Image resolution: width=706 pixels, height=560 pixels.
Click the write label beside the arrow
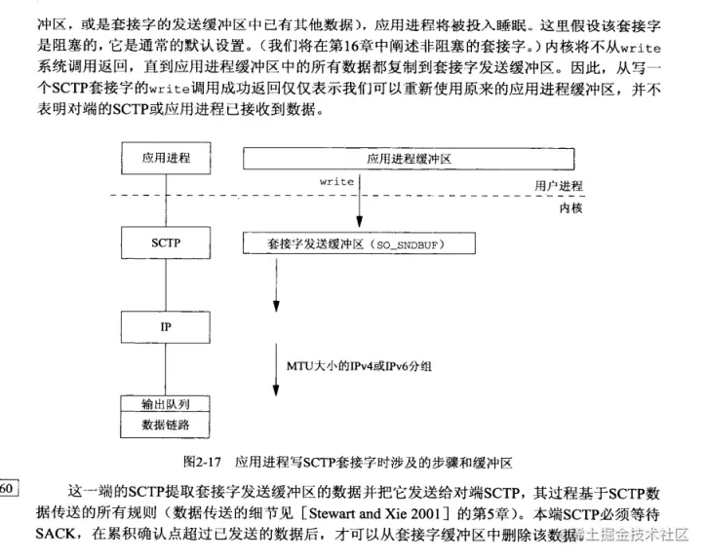(336, 181)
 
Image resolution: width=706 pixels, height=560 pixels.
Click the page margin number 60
(8, 488)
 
